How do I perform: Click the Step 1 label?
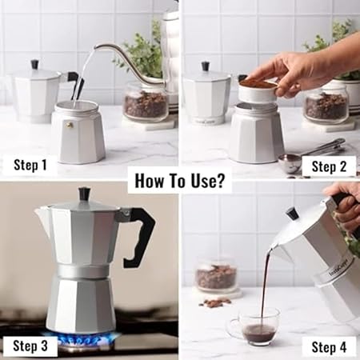(30, 165)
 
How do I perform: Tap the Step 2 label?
(329, 166)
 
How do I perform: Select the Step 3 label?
(30, 346)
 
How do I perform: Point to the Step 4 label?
(329, 347)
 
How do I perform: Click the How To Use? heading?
(179, 181)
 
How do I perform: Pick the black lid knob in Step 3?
(84, 194)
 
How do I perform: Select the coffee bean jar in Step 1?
(146, 102)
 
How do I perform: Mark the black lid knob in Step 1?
(35, 65)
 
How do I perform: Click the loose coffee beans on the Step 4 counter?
(216, 302)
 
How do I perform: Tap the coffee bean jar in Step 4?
(216, 275)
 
